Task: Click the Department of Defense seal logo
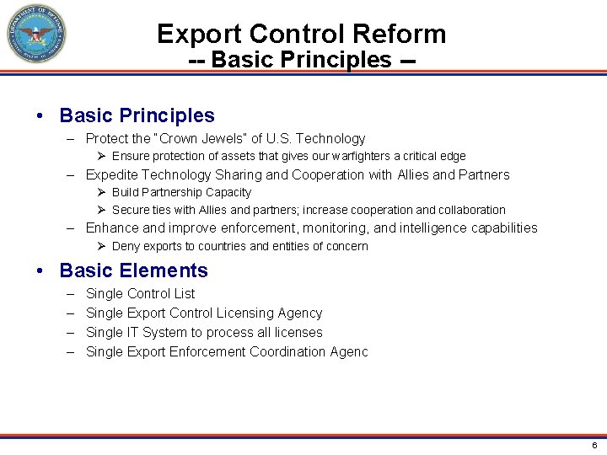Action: coord(36,35)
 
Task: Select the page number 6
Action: coord(594,445)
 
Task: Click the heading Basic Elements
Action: coord(133,270)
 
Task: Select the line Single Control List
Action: coord(140,293)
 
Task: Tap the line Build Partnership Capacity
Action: coord(181,192)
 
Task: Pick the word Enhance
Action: coord(112,227)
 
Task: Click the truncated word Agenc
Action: coord(348,351)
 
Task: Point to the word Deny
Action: coord(126,246)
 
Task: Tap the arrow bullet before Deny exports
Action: coord(100,246)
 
